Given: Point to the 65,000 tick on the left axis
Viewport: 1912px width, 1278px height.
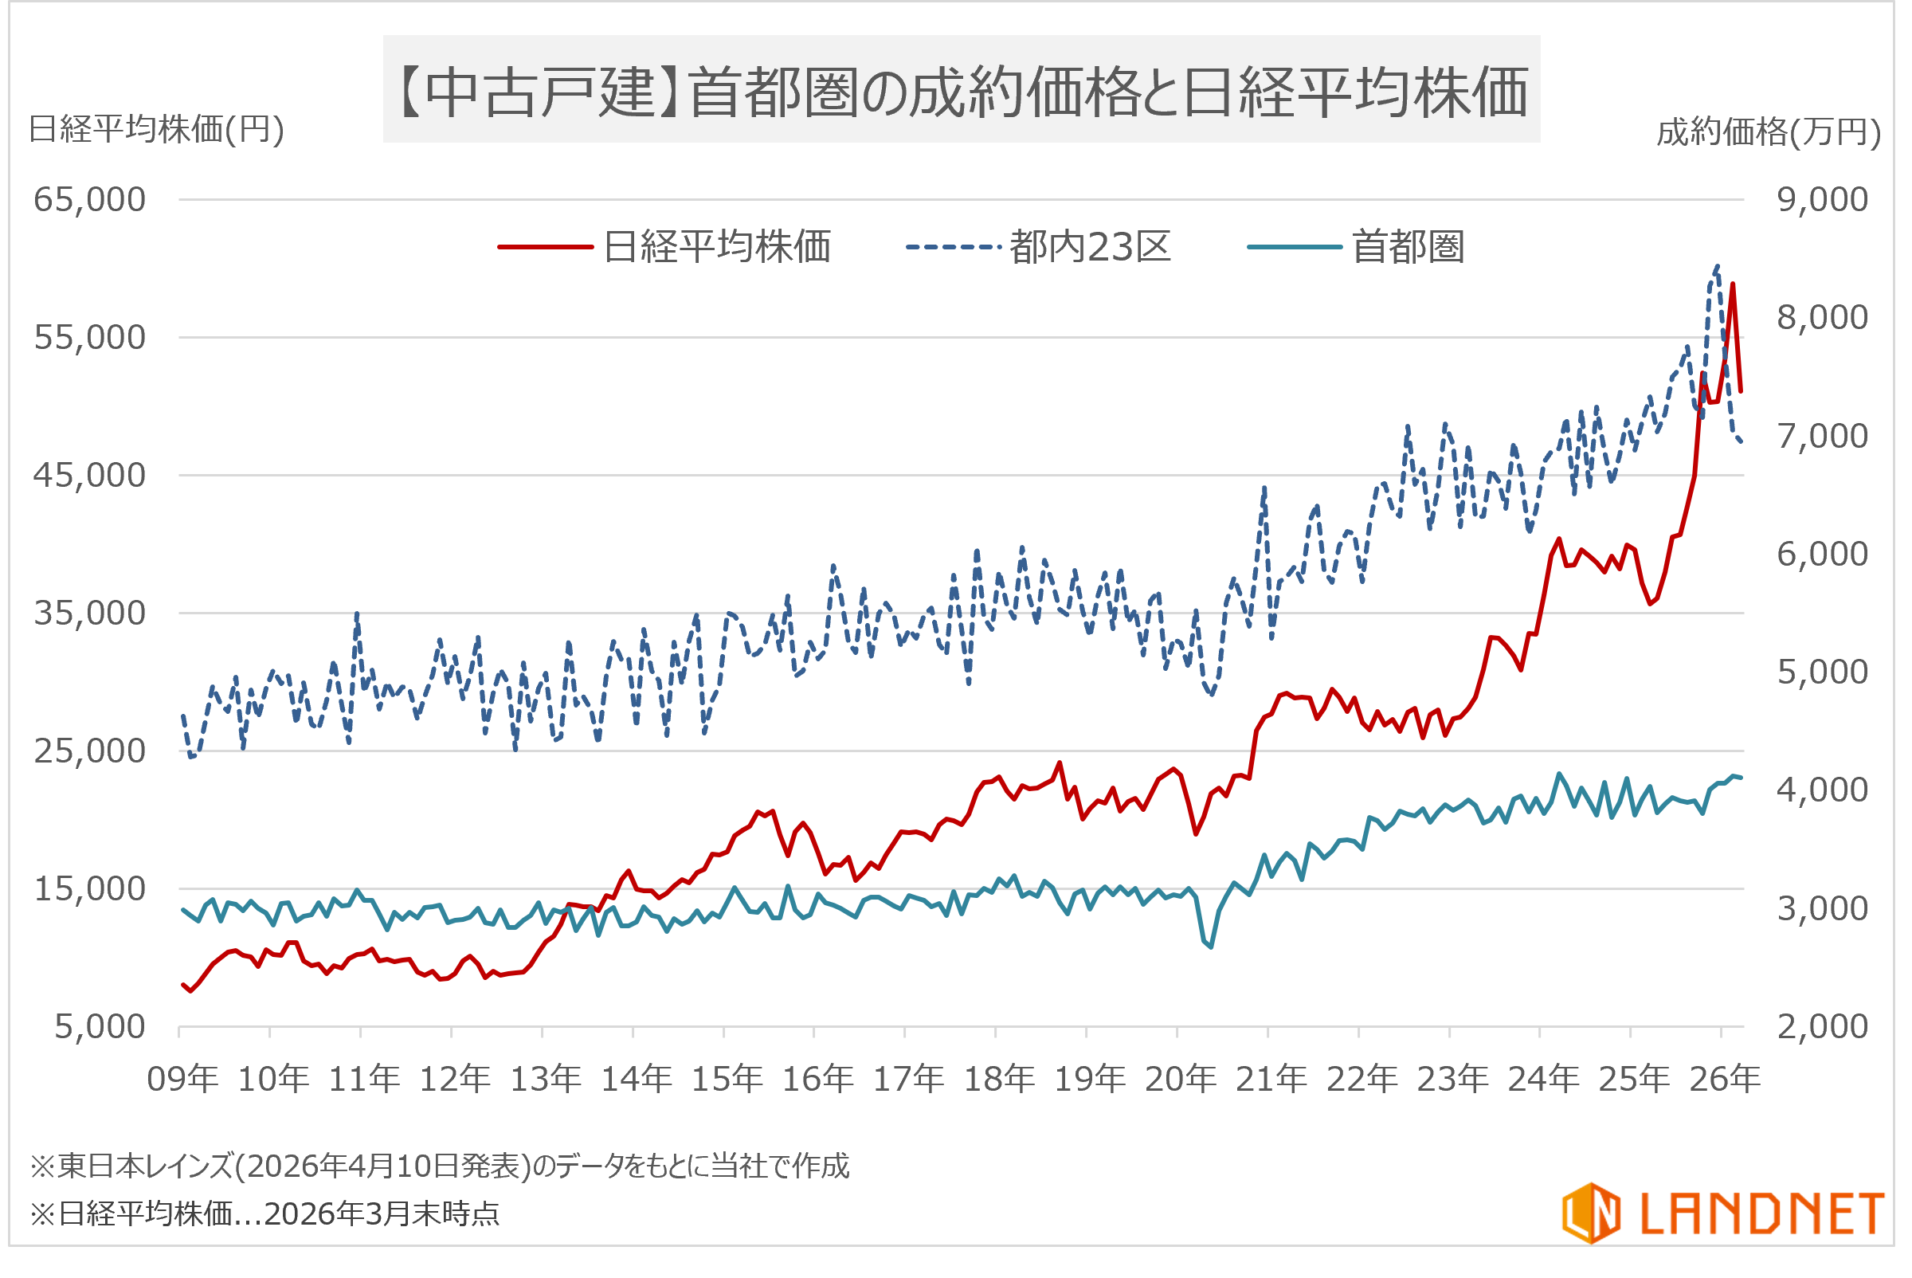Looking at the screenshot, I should tap(90, 200).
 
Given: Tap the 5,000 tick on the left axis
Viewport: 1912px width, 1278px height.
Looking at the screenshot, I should tap(100, 1027).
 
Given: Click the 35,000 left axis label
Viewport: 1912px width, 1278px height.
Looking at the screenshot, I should tap(90, 613).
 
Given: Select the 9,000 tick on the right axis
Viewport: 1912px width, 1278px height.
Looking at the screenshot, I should tap(1822, 200).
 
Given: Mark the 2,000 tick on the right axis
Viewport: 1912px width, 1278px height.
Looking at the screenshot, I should tap(1822, 1027).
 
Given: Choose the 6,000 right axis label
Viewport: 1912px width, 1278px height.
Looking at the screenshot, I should tap(1822, 555).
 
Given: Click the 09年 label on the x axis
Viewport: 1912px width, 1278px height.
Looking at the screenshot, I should tap(182, 1079).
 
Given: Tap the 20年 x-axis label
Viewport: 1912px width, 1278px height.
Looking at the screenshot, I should tap(1180, 1079).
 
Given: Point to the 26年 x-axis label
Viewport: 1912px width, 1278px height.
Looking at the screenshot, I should tap(1725, 1079).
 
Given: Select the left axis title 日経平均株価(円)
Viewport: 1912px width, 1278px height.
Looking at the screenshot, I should tap(156, 130).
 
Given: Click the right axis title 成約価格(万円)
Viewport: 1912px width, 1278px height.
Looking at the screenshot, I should tap(1769, 132).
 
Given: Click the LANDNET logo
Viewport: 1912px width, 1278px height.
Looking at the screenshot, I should tap(1723, 1213).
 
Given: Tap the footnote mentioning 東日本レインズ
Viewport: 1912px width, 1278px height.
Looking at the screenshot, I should tap(440, 1166).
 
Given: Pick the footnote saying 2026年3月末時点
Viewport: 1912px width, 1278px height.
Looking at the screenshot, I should tap(264, 1214).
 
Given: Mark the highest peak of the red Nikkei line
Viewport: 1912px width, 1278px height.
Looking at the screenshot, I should tap(1732, 284).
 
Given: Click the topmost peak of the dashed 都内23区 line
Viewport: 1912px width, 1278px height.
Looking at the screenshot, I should tap(1717, 265).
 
